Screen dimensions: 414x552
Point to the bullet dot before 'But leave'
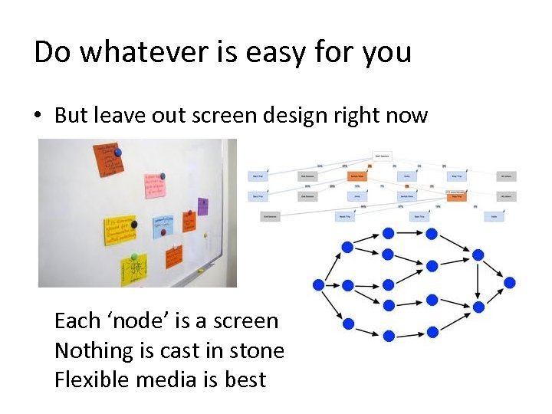[x=40, y=116]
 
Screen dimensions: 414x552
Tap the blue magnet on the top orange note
[x=117, y=153]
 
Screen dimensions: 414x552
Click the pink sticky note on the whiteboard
[x=156, y=185]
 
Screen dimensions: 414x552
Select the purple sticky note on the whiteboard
[x=202, y=205]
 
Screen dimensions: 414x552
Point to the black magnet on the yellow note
[x=134, y=225]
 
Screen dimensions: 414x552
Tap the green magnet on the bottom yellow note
[x=134, y=257]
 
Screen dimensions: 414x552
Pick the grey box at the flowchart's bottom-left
[x=270, y=217]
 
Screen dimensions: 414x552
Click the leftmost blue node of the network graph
[x=318, y=284]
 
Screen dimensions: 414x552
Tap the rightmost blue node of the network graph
[x=509, y=283]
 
